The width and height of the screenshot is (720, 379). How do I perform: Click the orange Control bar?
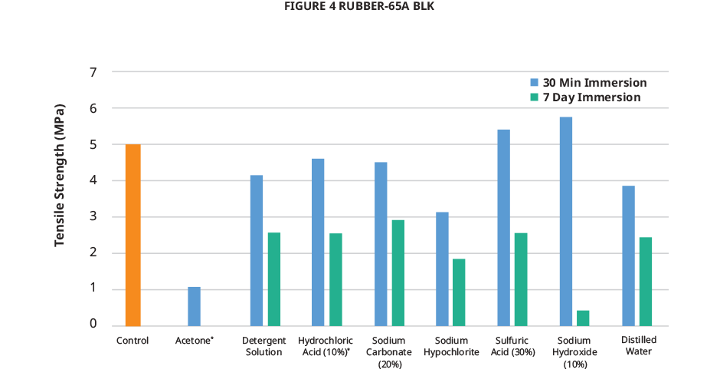coord(133,234)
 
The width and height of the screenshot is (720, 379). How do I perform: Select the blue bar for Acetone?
coord(194,305)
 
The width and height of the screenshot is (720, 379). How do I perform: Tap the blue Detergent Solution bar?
coord(257,250)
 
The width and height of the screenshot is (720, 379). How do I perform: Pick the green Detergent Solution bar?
coord(274,278)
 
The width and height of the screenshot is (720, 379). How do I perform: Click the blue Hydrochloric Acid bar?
coord(318,242)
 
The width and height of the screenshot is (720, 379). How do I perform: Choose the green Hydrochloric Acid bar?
coord(335,279)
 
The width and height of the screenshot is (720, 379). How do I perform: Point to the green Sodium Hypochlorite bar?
coord(459,292)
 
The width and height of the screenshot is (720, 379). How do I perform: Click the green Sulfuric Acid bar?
coord(521,278)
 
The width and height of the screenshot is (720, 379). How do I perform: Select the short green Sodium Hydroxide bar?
coord(583,318)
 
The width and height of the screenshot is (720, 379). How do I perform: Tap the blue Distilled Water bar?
coord(628,255)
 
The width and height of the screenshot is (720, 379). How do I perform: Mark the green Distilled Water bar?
coord(646,281)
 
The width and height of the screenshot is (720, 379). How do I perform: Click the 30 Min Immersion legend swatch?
coord(535,82)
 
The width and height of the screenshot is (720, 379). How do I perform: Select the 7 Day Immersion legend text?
coord(591,98)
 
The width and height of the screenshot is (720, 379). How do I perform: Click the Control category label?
coord(133,340)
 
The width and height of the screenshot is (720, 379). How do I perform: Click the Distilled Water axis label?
coord(638,346)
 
